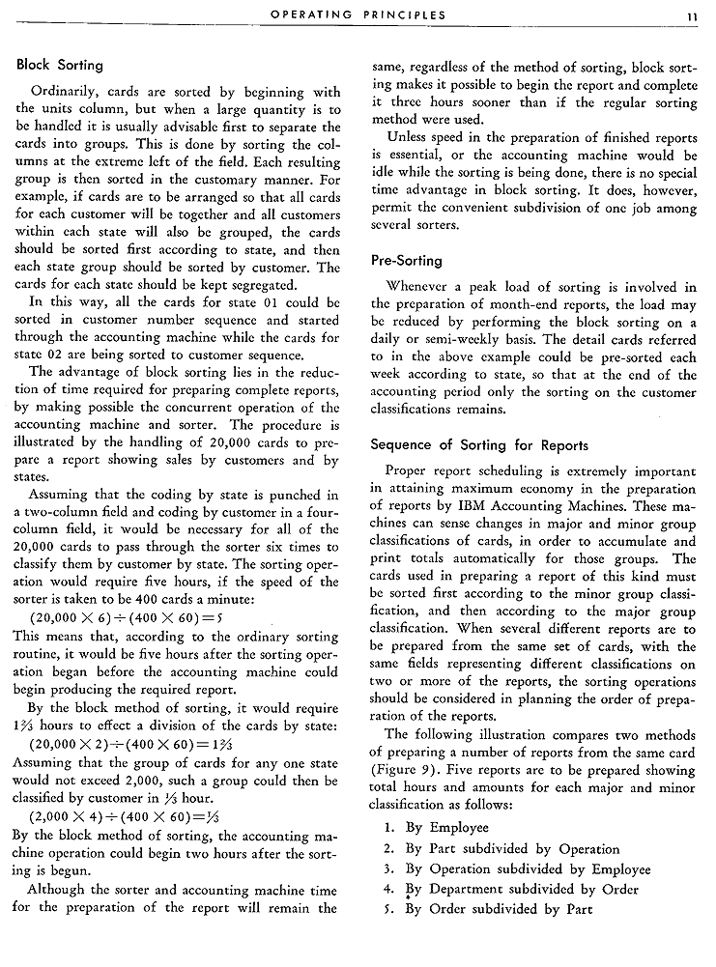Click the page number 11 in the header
coord(693,15)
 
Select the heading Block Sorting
coord(59,66)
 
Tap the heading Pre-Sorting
coord(406,261)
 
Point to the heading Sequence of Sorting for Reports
coord(479,446)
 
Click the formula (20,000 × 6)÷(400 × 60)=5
coord(129,618)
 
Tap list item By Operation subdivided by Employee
coord(513,869)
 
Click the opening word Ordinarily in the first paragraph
coord(68,93)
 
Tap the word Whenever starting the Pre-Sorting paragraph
coord(417,287)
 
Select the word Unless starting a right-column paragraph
coord(409,137)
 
